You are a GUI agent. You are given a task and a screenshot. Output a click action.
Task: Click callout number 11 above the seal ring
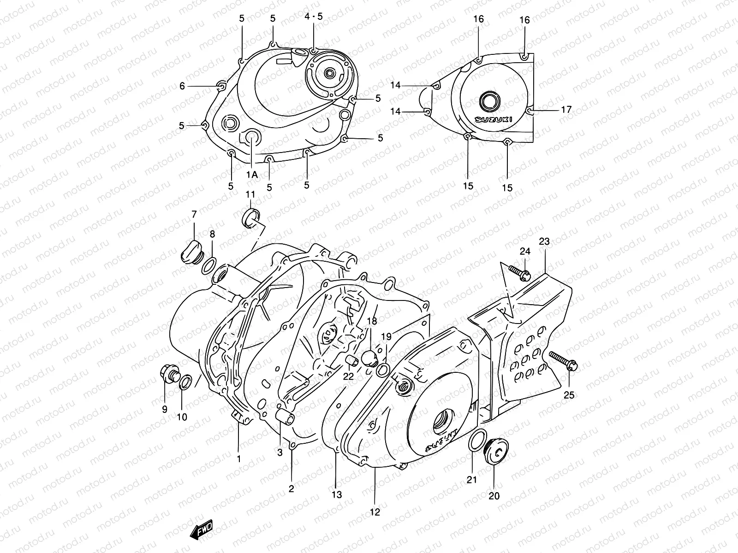(x=250, y=194)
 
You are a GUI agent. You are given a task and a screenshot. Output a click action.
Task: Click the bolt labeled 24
(x=519, y=272)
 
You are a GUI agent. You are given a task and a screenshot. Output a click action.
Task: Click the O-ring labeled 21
(x=476, y=440)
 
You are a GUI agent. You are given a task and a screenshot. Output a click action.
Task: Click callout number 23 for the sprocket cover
(x=544, y=241)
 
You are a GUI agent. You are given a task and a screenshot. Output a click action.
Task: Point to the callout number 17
(x=566, y=110)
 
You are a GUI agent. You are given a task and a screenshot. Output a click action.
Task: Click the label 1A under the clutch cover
(x=251, y=174)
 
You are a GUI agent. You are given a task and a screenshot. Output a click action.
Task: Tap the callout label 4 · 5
(x=314, y=17)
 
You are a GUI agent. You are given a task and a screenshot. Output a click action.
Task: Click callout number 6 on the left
(x=182, y=86)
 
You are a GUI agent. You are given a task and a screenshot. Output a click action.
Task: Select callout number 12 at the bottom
(x=375, y=512)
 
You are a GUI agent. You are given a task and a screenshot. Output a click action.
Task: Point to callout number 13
(x=337, y=494)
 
